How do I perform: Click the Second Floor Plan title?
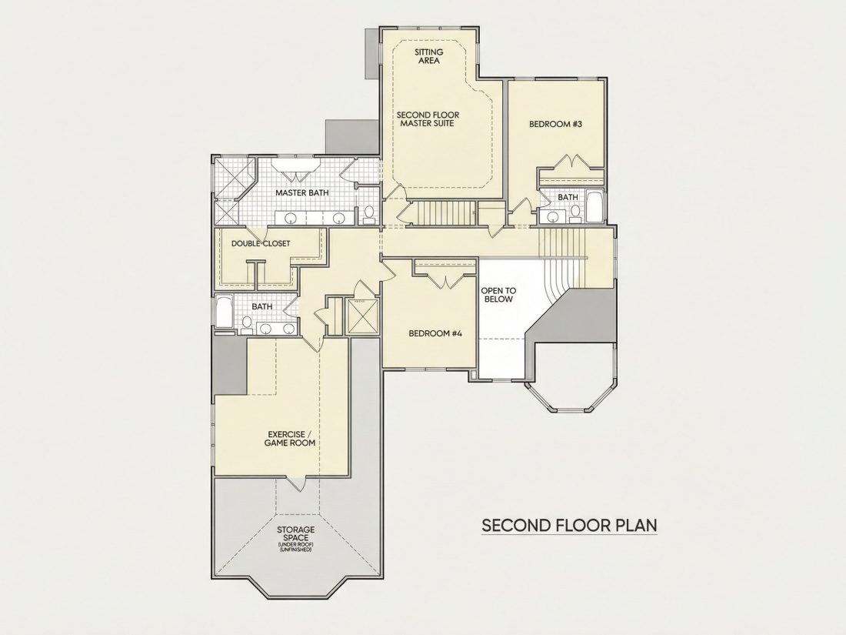coord(569,525)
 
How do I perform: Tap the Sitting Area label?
coord(429,56)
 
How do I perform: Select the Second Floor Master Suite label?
coord(428,119)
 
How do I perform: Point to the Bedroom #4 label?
coord(436,333)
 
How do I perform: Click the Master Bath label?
coord(302,192)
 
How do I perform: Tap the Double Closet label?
coord(261,243)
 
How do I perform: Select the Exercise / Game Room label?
coord(290,439)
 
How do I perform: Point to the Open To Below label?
coord(498,295)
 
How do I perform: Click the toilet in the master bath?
coord(370,215)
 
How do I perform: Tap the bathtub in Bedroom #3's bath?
coord(595,206)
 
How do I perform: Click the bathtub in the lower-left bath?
coord(225,312)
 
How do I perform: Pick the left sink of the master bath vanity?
coord(290,219)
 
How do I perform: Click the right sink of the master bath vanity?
coord(339,219)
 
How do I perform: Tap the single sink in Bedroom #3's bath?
coord(552,216)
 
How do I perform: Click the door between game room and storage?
coord(297,484)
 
